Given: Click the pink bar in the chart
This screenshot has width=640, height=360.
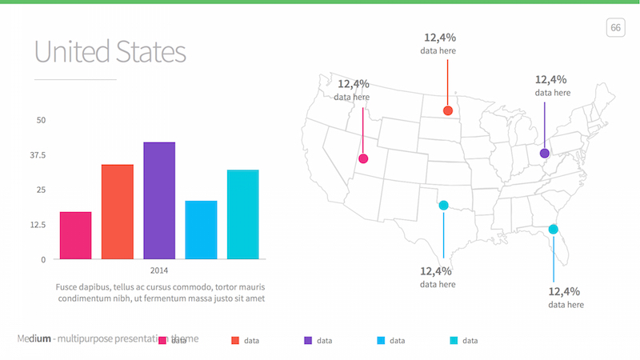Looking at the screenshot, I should [x=75, y=235].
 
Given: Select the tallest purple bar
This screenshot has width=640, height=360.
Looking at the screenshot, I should [x=159, y=201].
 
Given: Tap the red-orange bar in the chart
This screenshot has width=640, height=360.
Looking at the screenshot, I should [x=118, y=212].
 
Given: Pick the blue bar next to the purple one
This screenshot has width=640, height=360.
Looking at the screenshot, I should [x=201, y=230].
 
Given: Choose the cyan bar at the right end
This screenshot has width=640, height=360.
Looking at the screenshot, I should [x=242, y=214].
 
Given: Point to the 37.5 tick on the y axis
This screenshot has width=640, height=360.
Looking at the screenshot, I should [x=38, y=155].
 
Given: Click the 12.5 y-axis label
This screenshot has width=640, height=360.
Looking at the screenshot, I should [x=38, y=225].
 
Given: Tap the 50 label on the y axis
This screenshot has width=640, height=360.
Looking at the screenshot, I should [x=42, y=120].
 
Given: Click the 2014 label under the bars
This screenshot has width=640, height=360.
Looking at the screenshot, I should [x=159, y=270].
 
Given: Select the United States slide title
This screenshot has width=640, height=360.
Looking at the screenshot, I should [x=110, y=52].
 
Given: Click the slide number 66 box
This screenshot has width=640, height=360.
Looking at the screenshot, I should [x=615, y=28].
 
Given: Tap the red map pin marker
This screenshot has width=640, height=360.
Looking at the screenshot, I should [x=448, y=110].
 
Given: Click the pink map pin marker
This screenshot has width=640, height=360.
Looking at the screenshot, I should [x=364, y=158].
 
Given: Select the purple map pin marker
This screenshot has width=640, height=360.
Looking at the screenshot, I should [x=545, y=153].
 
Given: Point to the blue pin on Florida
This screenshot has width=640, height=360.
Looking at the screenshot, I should [x=553, y=230].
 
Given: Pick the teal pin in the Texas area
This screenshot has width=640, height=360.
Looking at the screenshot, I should [x=443, y=206].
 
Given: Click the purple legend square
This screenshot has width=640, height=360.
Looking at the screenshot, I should [x=308, y=341].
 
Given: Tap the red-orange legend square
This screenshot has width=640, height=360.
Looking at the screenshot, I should [x=235, y=341].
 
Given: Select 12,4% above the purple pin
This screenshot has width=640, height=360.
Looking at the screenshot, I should [x=551, y=79].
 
